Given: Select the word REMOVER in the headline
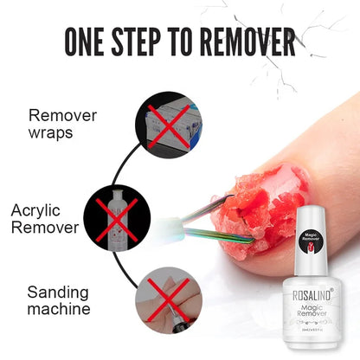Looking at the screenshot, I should click(x=249, y=41).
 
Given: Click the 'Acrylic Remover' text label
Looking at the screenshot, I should click(x=48, y=220).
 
